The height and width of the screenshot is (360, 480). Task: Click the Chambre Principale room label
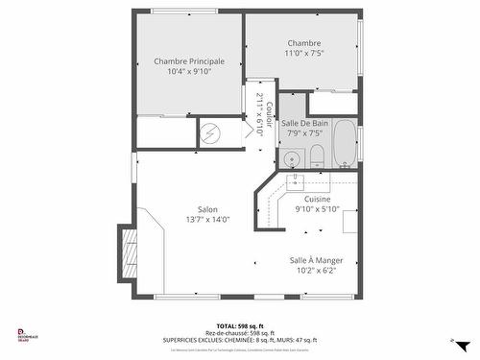pyautogui.click(x=189, y=60)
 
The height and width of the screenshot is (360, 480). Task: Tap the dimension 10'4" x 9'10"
pyautogui.click(x=189, y=71)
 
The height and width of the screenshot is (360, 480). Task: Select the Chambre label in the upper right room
pyautogui.click(x=303, y=43)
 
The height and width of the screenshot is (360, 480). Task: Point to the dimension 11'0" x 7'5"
pyautogui.click(x=303, y=54)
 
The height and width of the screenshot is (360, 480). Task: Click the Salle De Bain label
pyautogui.click(x=305, y=123)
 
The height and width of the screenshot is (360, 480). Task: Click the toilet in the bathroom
pyautogui.click(x=315, y=156)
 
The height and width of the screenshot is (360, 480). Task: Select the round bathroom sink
pyautogui.click(x=293, y=157)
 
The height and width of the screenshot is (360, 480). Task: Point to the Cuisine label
pyautogui.click(x=317, y=199)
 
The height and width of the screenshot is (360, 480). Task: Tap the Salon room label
pyautogui.click(x=207, y=209)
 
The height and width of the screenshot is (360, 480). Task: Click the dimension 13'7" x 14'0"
pyautogui.click(x=207, y=219)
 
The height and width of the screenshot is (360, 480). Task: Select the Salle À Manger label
pyautogui.click(x=316, y=260)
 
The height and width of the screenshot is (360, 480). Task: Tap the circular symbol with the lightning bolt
pyautogui.click(x=215, y=134)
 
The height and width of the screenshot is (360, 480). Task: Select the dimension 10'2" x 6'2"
pyautogui.click(x=316, y=271)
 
